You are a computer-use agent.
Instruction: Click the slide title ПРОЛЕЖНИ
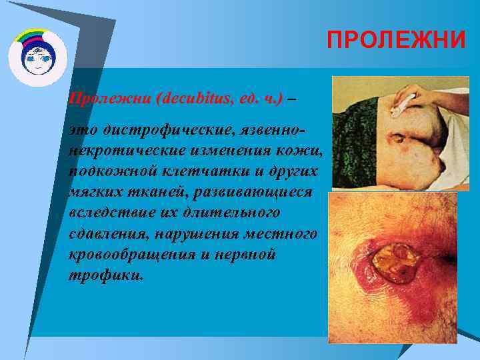pos(396,40)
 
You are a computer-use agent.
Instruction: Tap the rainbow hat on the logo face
pos(37,37)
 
